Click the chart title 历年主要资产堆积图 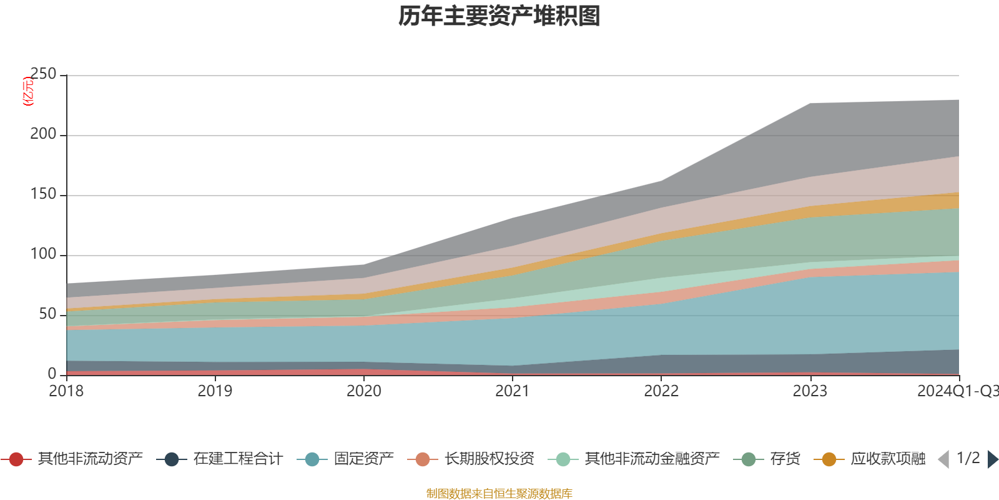499,16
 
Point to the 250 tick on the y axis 43,74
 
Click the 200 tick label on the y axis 43,134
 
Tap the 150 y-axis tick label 43,194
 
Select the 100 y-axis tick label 43,254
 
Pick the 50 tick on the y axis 47,314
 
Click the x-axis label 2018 67,391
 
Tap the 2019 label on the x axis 215,391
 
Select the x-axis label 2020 364,391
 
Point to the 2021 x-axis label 513,391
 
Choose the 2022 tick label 661,391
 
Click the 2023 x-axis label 810,391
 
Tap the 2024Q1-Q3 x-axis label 957,391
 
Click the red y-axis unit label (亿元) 28,91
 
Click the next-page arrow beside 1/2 992,459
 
